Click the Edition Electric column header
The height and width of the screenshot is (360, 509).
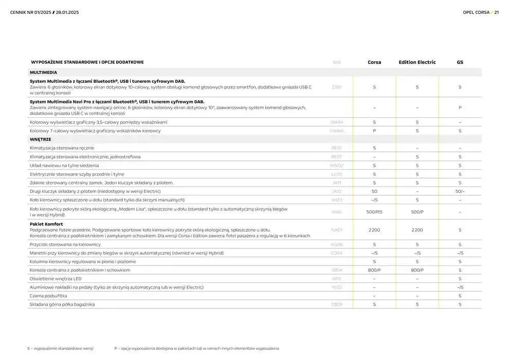[x=417, y=62]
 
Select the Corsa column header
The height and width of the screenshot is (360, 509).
[x=374, y=62]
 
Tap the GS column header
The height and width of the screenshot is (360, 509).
[x=460, y=62]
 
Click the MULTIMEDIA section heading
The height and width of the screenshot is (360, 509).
[x=43, y=73]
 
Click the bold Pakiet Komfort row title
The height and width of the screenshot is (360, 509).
[x=46, y=224]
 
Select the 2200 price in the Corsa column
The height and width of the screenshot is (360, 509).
[x=374, y=230]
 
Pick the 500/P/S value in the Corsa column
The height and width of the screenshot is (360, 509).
[x=374, y=212]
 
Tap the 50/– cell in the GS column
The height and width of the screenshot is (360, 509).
[x=460, y=191]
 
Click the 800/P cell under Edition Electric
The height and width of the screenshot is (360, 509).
[x=417, y=270]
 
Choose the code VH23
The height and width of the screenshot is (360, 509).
[x=336, y=200]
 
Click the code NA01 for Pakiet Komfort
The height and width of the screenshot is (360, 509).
[x=336, y=230]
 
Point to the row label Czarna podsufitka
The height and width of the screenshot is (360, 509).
[x=48, y=296]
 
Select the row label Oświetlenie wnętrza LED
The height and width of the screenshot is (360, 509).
[x=56, y=279]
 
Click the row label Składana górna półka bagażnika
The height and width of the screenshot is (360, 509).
[x=62, y=305]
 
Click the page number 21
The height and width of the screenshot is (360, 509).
[x=496, y=12]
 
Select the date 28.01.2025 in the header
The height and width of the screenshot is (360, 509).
[x=67, y=12]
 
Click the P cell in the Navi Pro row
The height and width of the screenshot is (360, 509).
[x=460, y=107]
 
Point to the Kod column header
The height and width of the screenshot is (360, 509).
[x=336, y=62]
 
